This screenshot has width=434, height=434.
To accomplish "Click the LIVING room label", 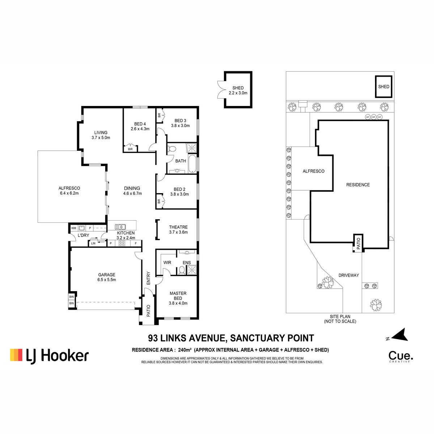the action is click(101, 133).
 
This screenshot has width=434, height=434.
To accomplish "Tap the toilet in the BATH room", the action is click(172, 149).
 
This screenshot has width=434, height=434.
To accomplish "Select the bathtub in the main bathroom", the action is click(192, 164).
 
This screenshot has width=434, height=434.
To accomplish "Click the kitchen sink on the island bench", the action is click(120, 227).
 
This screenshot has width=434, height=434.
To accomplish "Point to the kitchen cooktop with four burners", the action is click(122, 243).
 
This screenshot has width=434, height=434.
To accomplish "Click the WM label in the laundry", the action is click(74, 228).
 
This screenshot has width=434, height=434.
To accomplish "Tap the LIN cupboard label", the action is click(93, 243).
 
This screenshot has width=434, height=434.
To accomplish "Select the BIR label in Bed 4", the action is click(130, 149).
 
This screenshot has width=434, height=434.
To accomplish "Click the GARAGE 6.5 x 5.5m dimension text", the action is click(107, 280).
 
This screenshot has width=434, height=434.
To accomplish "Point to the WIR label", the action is click(167, 263).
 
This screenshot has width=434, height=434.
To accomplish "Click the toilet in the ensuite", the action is click(182, 270).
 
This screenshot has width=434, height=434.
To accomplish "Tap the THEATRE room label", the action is click(178, 227).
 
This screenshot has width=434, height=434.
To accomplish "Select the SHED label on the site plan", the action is click(384, 86).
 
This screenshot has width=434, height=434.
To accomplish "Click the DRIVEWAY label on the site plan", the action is click(349, 275).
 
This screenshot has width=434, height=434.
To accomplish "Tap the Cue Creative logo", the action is click(401, 357).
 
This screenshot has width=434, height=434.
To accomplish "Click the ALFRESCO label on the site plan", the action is click(314, 171).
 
